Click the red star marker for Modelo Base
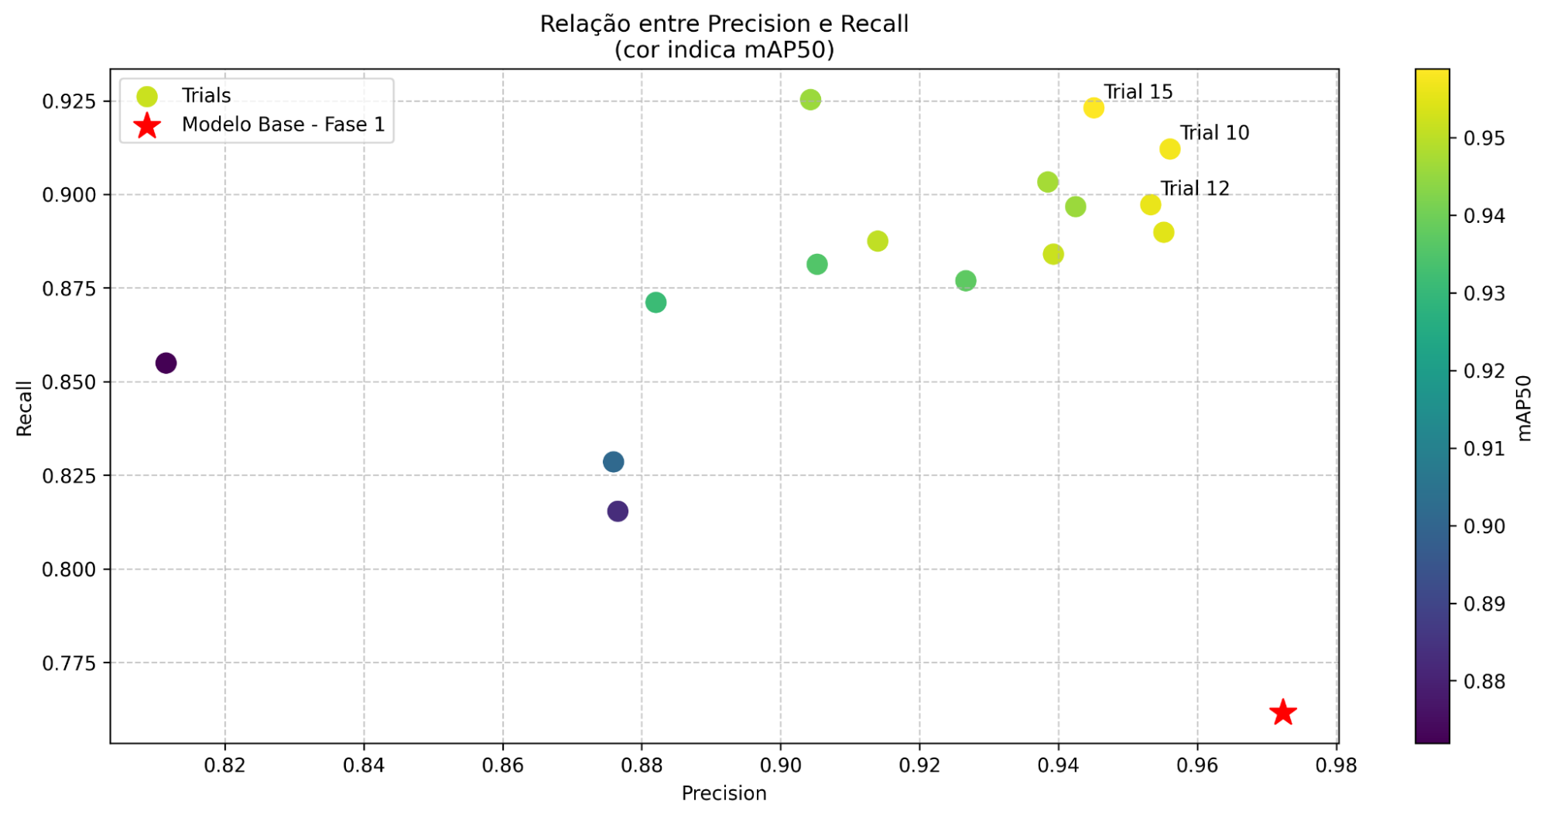[1282, 712]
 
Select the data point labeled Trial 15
[1094, 108]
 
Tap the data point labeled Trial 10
[1169, 149]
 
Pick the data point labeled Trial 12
[1151, 204]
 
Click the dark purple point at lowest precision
[166, 363]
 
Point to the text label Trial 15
[1138, 92]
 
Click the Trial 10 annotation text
[1214, 133]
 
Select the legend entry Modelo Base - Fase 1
[282, 125]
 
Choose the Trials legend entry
[206, 96]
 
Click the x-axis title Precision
[724, 793]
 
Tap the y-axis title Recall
[25, 408]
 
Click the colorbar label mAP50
[1524, 408]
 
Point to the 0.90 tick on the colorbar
[1484, 527]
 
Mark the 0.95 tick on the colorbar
[1484, 139]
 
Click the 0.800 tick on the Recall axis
[70, 570]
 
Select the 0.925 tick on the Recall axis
[70, 101]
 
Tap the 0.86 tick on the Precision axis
[503, 765]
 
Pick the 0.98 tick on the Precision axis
[1336, 765]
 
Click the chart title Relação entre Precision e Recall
[724, 25]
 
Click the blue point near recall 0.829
[613, 462]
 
